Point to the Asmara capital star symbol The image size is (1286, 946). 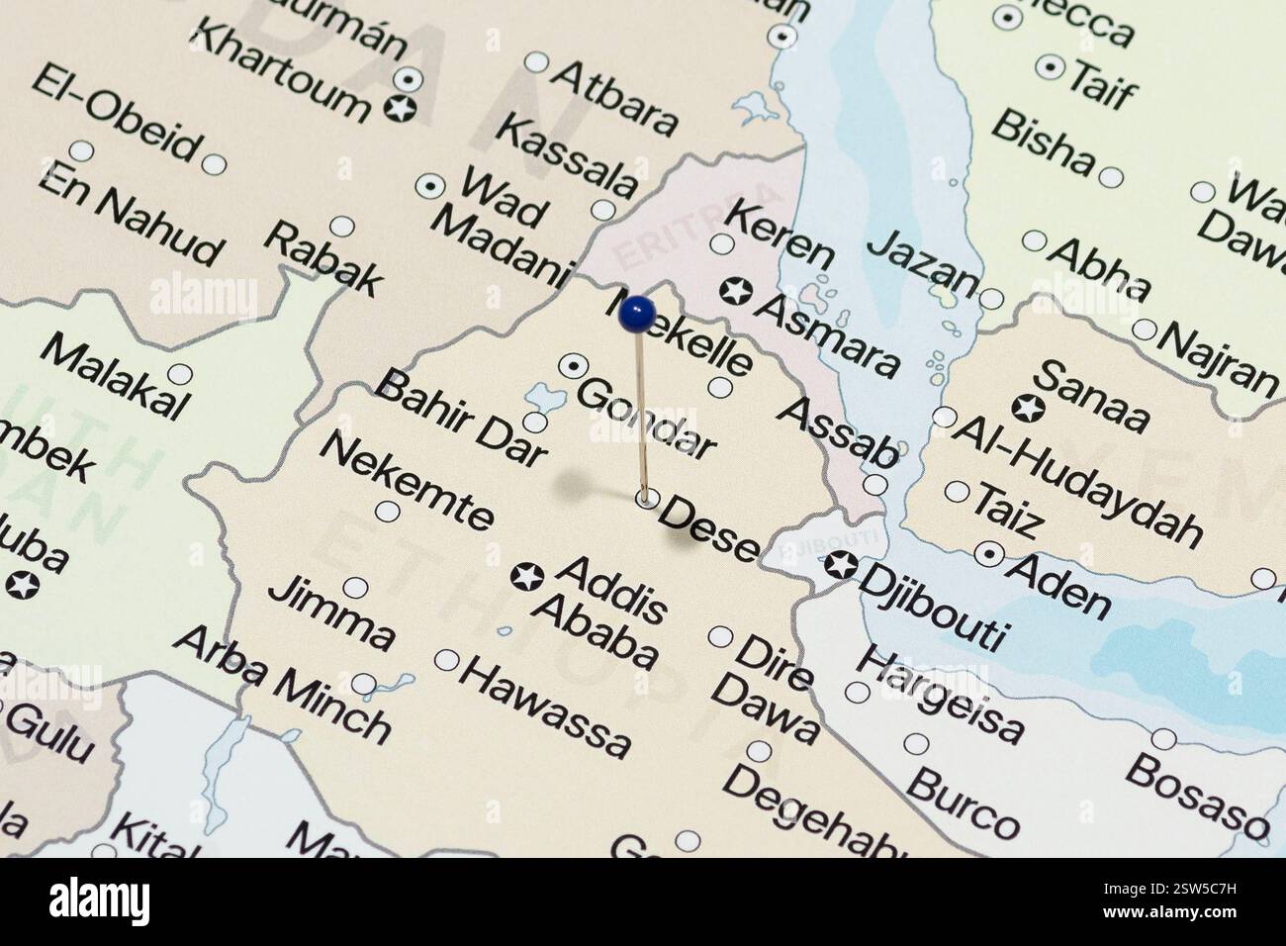point(737,292)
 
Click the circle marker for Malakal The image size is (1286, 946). point(179,374)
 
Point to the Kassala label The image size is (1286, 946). point(567,154)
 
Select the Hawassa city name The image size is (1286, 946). point(544,707)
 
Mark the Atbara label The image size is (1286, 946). point(614,97)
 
